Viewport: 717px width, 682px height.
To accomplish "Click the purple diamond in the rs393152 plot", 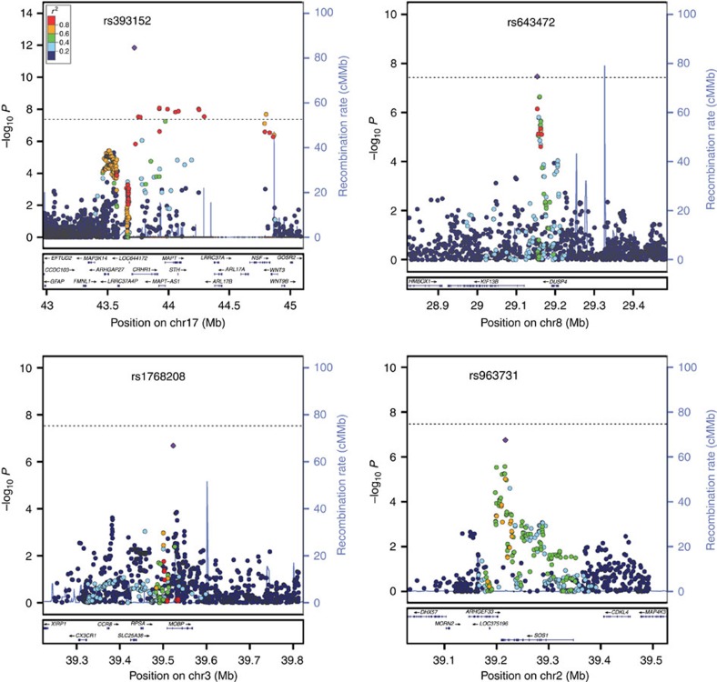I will pos(135,47).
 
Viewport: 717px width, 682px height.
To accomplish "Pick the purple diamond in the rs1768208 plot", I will pos(172,446).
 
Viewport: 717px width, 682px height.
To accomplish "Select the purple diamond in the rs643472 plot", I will pos(538,77).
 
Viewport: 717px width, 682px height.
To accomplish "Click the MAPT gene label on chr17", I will pos(169,258).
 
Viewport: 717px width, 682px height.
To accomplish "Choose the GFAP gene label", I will pos(56,282).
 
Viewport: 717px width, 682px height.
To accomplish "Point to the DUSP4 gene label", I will pos(554,283).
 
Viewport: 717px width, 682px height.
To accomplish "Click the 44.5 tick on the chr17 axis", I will pos(231,306).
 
